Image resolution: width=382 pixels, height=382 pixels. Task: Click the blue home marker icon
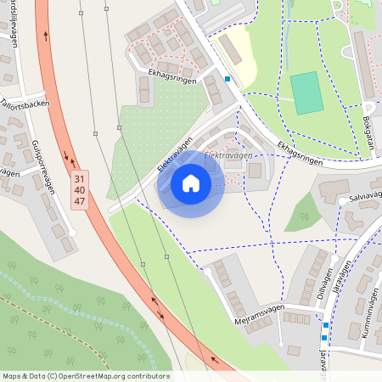(191, 183)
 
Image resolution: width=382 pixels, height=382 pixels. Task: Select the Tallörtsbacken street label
(25, 104)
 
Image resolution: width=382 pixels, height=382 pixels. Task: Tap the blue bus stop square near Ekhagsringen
(228, 79)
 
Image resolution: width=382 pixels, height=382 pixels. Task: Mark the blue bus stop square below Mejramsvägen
(325, 325)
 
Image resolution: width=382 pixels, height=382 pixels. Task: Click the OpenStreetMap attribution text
(85, 376)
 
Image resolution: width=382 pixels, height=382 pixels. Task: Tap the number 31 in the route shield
(80, 179)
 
